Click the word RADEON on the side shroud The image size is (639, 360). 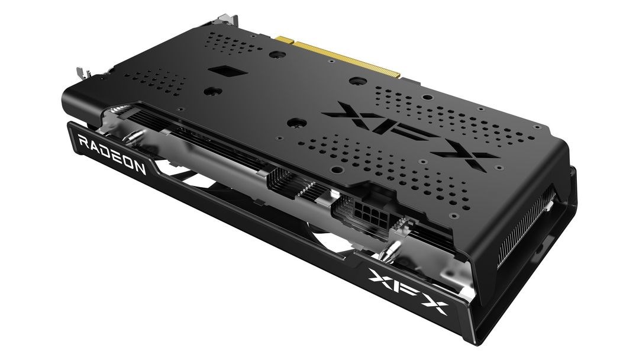(112, 156)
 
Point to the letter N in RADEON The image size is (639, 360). (140, 169)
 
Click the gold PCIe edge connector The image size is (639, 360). (341, 56)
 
